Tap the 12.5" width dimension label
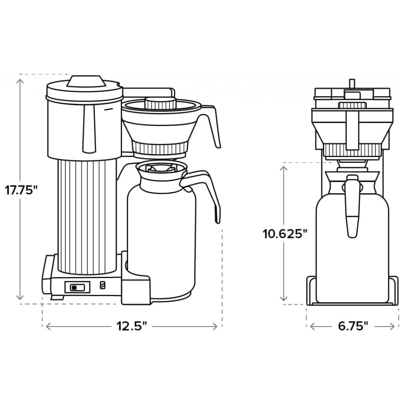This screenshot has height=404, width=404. click(132, 326)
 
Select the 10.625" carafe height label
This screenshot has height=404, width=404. click(285, 234)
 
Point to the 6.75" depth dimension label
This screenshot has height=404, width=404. click(353, 326)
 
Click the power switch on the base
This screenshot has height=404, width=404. click(77, 287)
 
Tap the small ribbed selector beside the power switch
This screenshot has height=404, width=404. click(103, 285)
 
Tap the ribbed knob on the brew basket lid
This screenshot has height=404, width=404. click(160, 103)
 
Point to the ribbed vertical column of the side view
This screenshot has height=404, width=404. click(87, 216)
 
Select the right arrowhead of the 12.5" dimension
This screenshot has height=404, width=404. click(214, 326)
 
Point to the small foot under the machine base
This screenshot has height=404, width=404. click(57, 298)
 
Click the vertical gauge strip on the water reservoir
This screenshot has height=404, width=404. click(89, 129)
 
